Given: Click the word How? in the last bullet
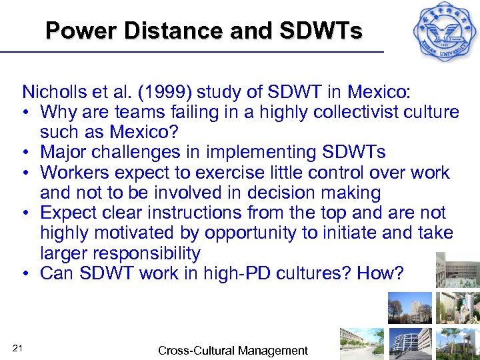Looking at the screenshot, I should pyautogui.click(x=380, y=273).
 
